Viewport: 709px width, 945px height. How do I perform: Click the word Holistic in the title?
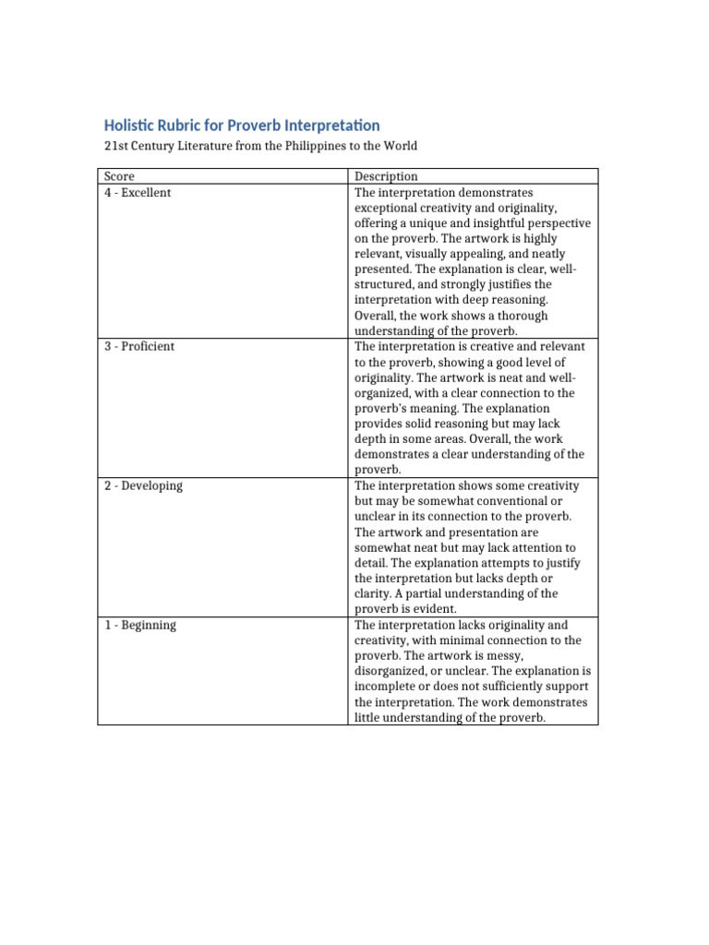[130, 125]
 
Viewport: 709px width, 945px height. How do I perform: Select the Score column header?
[119, 176]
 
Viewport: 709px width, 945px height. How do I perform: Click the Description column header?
[386, 176]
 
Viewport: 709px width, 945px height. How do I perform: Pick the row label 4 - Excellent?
[138, 192]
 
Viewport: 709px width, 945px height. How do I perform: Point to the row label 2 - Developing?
[143, 485]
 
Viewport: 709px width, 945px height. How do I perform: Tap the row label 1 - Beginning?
[139, 625]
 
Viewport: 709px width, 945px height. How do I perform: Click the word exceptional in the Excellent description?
[388, 208]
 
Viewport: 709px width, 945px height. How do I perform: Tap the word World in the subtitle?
[400, 146]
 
